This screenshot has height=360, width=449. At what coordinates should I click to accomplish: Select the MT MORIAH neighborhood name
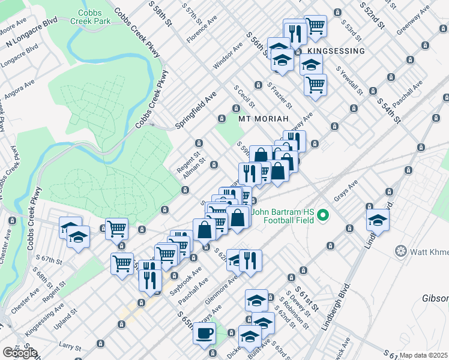click(264, 118)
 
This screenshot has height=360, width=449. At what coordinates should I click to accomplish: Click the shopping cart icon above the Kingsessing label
click(315, 26)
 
